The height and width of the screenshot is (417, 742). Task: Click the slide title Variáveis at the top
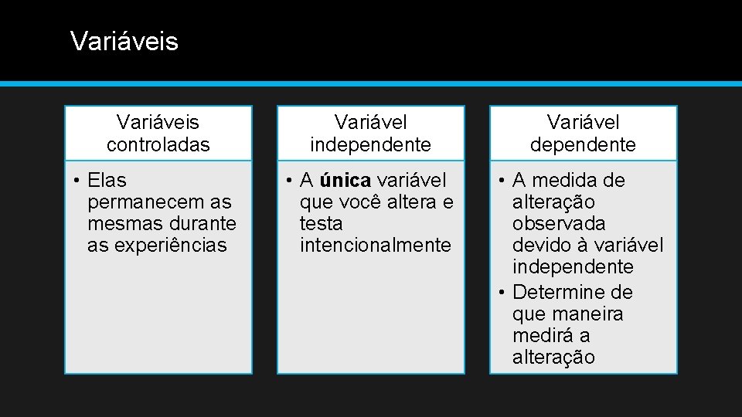pos(124,41)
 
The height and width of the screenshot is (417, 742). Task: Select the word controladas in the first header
pos(158,144)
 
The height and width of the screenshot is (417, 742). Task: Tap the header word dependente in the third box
pos(583,144)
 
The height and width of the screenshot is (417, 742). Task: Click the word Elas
pos(107,181)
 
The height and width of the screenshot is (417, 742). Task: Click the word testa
pos(321,224)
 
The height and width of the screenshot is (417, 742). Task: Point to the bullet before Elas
pos(78,181)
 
